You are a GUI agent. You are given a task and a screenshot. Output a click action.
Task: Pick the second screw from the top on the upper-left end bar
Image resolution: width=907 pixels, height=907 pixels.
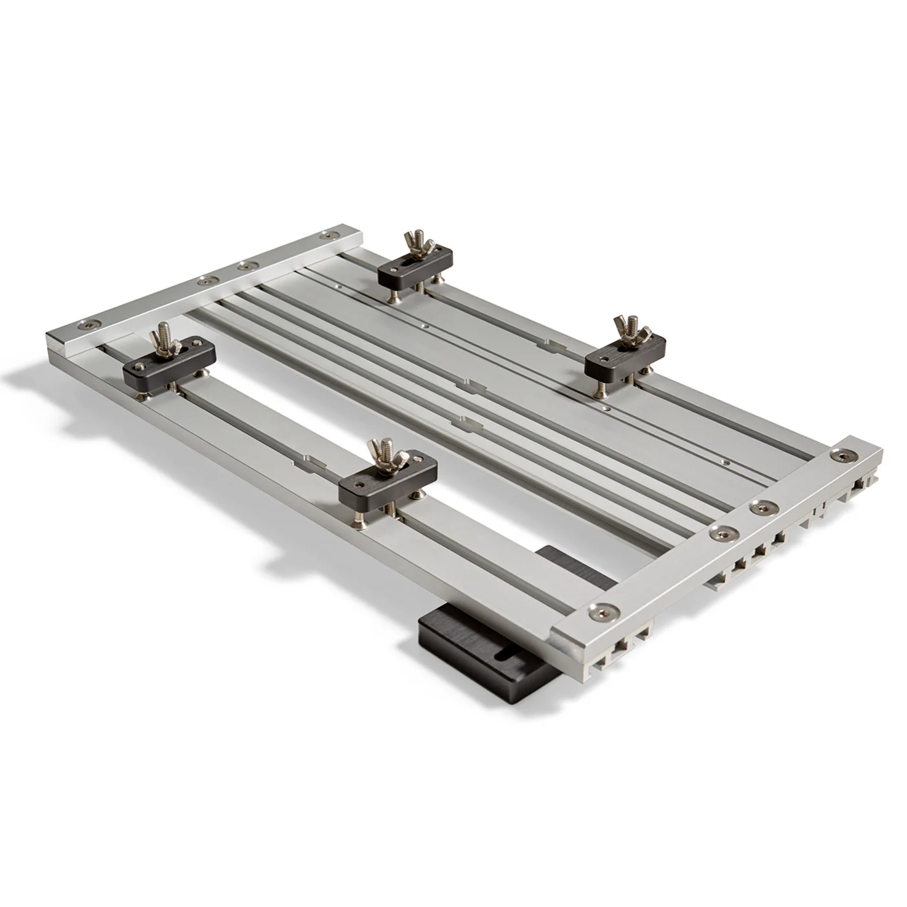pyautogui.click(x=245, y=266)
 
